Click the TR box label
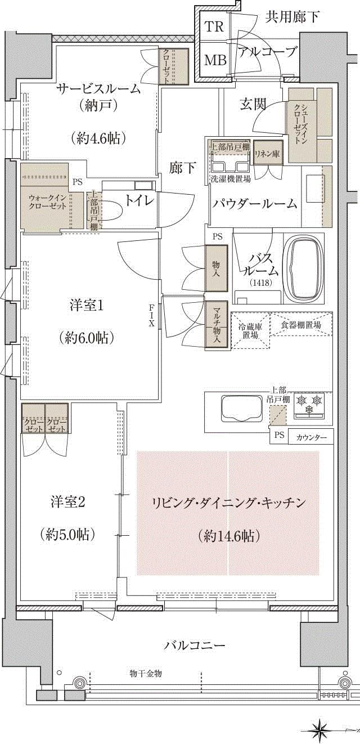[x=214, y=26]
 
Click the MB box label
[x=214, y=60]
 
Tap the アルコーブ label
[x=267, y=53]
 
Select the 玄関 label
[x=253, y=104]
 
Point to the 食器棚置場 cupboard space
[x=301, y=325]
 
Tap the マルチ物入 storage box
[x=216, y=326]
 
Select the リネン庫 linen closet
[x=264, y=154]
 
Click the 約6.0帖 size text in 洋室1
[x=86, y=337]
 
